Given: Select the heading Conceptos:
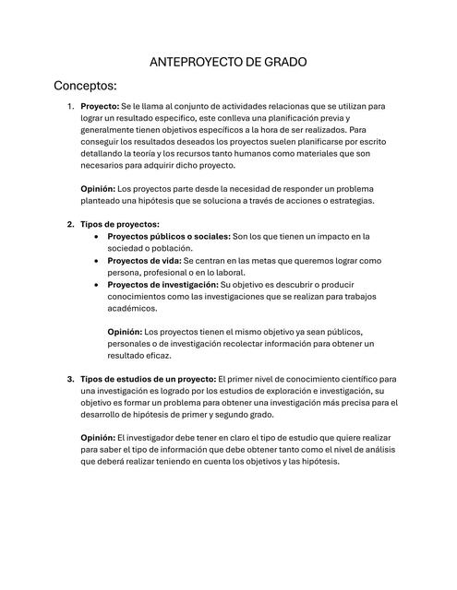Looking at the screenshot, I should coord(86,87).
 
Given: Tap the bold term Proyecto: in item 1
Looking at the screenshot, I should coord(100,107).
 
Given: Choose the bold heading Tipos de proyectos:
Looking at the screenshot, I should coord(120,224).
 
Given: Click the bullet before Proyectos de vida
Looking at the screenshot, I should coord(99,261).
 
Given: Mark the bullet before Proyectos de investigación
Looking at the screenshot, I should coord(99,285).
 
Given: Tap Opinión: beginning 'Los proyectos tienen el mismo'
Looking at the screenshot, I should coord(125,332).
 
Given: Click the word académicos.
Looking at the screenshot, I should coord(133,309).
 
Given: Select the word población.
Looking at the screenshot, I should coord(169,249).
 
